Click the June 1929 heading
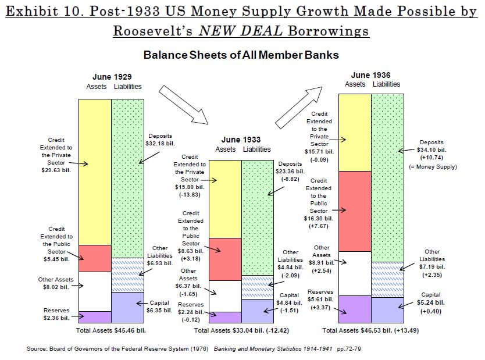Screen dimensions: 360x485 click(x=112, y=77)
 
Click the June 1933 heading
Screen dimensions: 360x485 click(x=241, y=140)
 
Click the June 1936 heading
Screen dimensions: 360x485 click(x=371, y=74)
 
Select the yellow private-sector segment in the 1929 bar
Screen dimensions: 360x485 click(x=95, y=172)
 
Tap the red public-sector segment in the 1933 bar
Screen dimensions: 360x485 click(x=225, y=259)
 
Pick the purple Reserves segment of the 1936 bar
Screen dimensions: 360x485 click(x=355, y=309)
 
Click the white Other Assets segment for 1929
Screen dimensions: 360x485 click(x=95, y=291)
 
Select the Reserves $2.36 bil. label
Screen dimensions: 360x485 click(x=57, y=314)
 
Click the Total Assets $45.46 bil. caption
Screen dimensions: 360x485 click(x=112, y=330)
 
